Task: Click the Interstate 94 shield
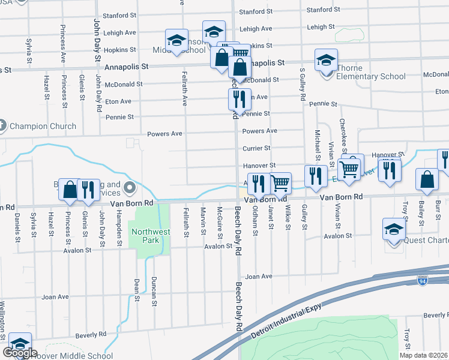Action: pos(423,280)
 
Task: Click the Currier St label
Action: pos(256,148)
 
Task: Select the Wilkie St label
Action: pos(288,218)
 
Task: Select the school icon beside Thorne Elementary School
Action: pos(326,61)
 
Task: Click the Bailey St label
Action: pos(422,214)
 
